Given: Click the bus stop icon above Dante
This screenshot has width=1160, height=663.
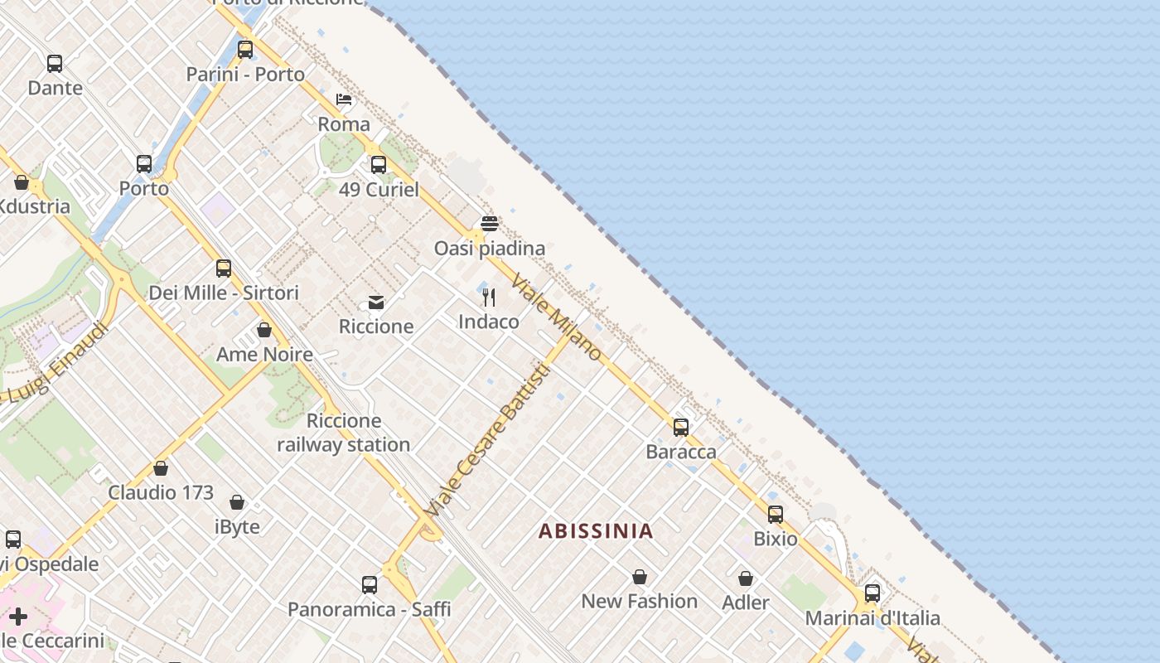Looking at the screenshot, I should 55,64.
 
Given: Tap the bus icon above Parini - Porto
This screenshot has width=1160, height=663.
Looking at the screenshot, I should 245,50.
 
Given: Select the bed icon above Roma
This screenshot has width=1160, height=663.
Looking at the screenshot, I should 344,100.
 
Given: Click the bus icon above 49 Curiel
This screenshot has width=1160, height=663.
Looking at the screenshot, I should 379,165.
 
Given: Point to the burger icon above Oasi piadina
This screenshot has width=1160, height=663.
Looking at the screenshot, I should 490,224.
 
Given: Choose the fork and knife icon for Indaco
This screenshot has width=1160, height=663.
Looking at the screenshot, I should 489,298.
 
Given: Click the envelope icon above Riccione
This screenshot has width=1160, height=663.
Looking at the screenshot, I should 376,302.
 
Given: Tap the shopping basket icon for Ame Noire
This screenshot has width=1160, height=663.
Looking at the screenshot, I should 264,331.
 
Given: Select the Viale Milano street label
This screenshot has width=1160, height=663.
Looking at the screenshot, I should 556,317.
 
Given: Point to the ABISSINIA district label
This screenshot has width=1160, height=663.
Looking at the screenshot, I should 596,531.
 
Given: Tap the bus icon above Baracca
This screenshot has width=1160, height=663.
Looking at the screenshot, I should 681,428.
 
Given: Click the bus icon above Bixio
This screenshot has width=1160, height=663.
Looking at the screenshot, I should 776,515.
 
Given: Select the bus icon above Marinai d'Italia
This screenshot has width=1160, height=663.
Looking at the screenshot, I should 872,593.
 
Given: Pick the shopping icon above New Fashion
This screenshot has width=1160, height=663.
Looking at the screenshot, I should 640,577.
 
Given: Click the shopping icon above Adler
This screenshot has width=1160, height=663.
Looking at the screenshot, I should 746,578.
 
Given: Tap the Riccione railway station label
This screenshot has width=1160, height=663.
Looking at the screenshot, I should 344,433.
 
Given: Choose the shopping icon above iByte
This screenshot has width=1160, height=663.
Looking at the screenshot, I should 237,502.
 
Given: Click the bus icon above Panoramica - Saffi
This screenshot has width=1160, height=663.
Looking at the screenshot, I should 370,585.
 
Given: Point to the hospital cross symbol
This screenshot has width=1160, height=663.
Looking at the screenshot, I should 18,617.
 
